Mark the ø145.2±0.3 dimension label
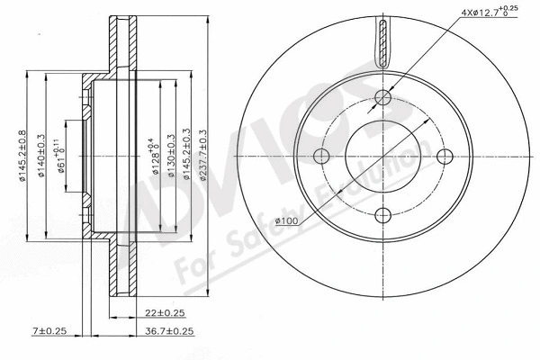pos(185,156)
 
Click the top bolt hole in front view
pos(384,97)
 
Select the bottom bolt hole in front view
pos(384,214)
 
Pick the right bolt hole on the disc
pos(443,157)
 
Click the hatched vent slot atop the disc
pos(384,43)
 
